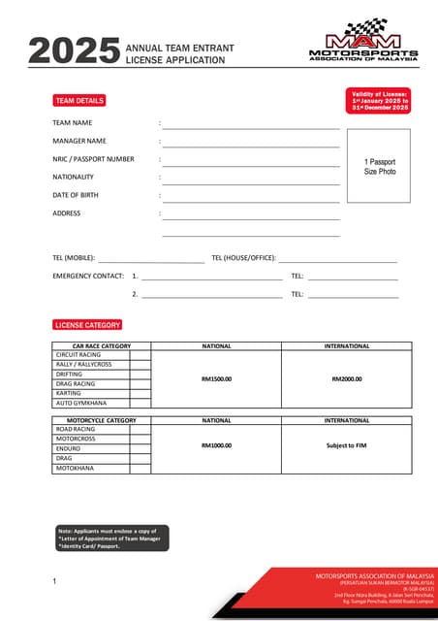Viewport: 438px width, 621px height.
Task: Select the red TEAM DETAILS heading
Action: (78, 101)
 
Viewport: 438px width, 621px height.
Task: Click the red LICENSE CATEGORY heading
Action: (87, 325)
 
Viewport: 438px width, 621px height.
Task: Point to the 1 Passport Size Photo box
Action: (379, 166)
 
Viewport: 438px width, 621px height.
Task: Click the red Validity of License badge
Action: (379, 100)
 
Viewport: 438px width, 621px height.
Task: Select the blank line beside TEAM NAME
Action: (250, 126)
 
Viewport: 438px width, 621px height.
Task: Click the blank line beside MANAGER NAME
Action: (250, 144)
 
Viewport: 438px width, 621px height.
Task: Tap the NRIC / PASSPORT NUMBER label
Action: (93, 159)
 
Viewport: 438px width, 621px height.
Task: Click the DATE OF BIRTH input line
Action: (250, 197)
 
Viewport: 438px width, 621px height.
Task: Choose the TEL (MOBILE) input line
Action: (150, 260)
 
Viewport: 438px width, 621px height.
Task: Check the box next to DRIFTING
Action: (141, 374)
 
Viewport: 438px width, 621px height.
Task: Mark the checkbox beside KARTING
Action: (141, 393)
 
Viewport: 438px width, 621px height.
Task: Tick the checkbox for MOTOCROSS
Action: (141, 439)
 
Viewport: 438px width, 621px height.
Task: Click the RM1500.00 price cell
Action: (216, 378)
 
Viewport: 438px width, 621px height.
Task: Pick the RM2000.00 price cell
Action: (346, 378)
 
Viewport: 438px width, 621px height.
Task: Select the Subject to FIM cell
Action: (346, 445)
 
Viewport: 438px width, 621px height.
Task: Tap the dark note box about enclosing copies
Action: (112, 539)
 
